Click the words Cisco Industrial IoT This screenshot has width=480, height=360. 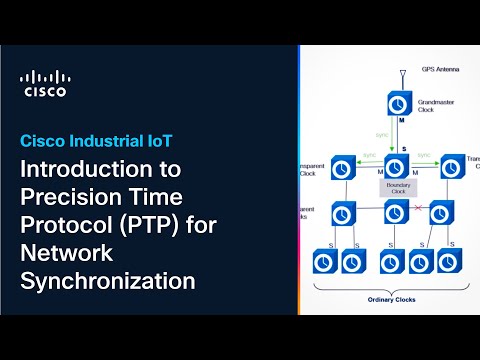[100, 139]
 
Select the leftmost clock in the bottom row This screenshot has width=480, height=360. [323, 262]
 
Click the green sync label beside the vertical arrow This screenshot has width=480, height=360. [381, 133]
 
